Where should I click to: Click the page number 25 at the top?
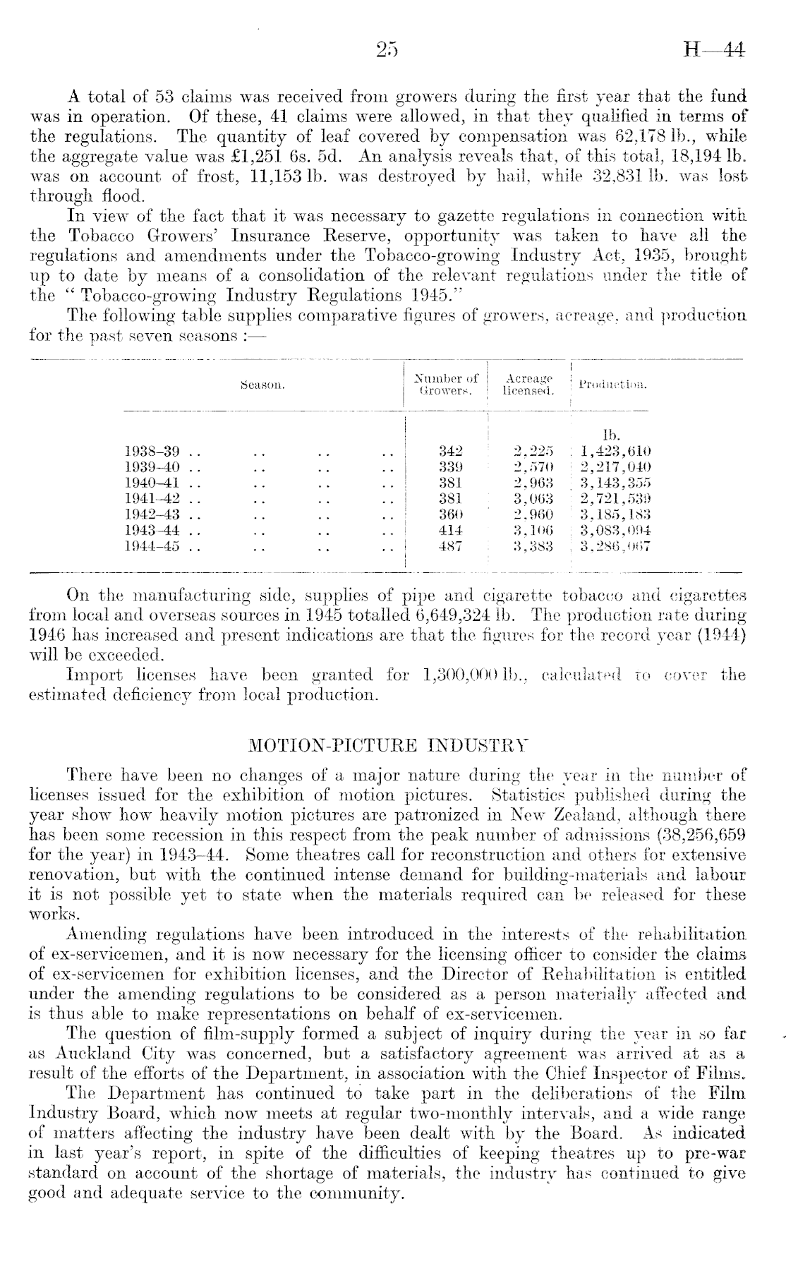pos(387,51)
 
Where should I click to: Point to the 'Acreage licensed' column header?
pos(528,385)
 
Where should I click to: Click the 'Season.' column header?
pos(262,385)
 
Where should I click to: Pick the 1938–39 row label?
pos(152,451)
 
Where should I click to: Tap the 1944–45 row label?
pos(152,545)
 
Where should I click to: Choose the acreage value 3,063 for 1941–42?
pos(533,498)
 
